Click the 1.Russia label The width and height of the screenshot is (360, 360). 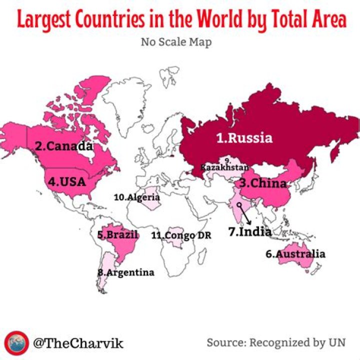(x=244, y=138)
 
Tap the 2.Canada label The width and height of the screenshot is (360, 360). (x=64, y=146)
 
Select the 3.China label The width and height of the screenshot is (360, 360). (x=262, y=183)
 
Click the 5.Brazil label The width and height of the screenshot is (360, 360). (x=117, y=234)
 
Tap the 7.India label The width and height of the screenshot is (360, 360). (x=249, y=231)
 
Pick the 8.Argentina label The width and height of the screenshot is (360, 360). (x=126, y=272)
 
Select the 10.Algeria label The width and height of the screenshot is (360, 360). (x=136, y=197)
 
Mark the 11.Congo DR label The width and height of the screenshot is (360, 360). (x=181, y=235)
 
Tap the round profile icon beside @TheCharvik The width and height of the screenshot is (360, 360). (x=16, y=342)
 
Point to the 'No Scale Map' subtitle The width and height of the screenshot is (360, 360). (x=176, y=42)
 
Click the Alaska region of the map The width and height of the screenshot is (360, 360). (x=15, y=134)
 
